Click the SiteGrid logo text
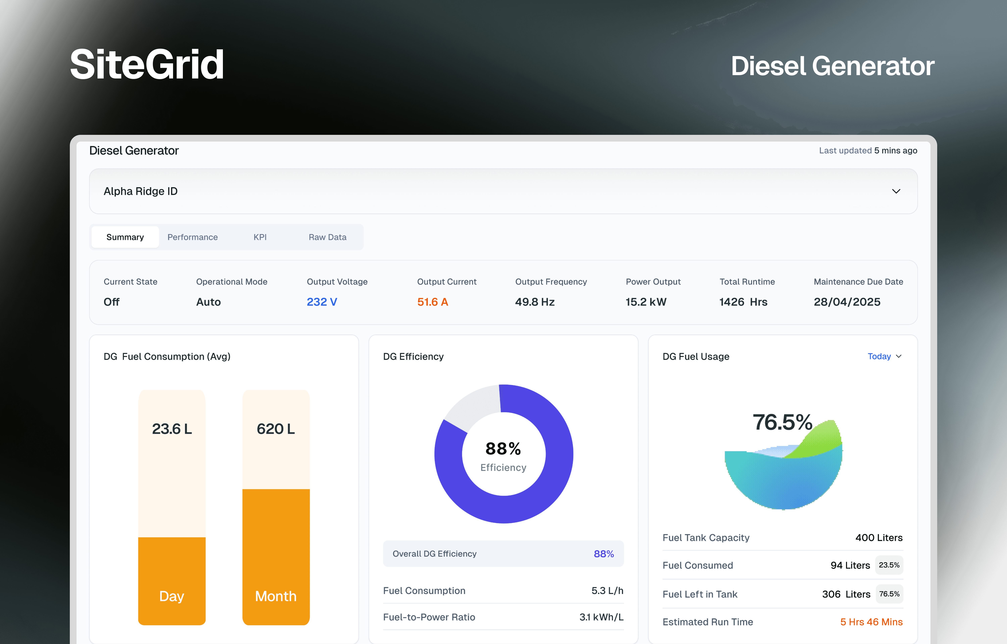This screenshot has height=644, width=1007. (x=147, y=64)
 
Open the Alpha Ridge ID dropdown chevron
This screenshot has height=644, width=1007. (x=896, y=191)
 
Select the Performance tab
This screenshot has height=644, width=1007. (x=193, y=237)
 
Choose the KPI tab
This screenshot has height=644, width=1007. (x=260, y=237)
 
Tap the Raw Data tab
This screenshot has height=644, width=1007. (x=328, y=237)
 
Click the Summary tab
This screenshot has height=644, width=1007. (x=125, y=237)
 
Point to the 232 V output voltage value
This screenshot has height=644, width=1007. (x=322, y=302)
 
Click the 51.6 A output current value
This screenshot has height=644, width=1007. (x=433, y=302)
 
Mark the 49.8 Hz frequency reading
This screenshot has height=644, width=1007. (x=535, y=302)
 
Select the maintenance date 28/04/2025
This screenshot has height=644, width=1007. (x=847, y=302)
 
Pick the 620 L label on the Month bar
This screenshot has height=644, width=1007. (x=276, y=429)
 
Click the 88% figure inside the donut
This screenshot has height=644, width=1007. (x=503, y=449)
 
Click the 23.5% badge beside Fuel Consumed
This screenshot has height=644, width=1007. (x=889, y=565)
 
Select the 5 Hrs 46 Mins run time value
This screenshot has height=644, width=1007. (x=871, y=622)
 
